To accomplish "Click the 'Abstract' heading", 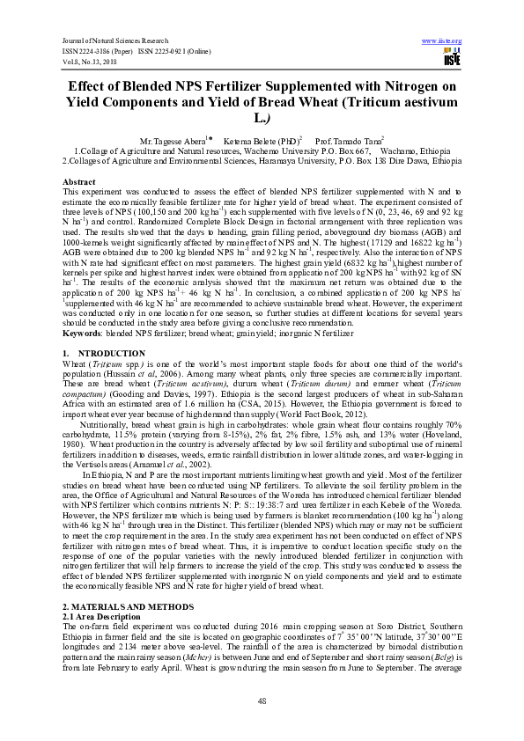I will pos(80,180).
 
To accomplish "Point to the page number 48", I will pos(262,700).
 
